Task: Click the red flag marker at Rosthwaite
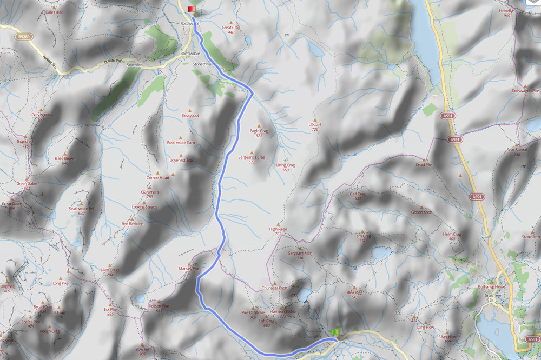[191, 9]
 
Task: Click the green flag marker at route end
[335, 332]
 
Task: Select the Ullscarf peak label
[314, 125]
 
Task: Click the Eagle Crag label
[259, 131]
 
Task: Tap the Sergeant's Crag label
[252, 157]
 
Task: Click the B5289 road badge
[24, 36]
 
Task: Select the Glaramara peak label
[149, 192]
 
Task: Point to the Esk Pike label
[110, 309]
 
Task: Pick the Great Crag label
[231, 28]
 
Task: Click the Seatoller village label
[134, 65]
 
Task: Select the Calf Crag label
[358, 194]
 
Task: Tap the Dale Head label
[55, 11]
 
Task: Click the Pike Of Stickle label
[253, 312]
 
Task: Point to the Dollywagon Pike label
[525, 91]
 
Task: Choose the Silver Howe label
[448, 336]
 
